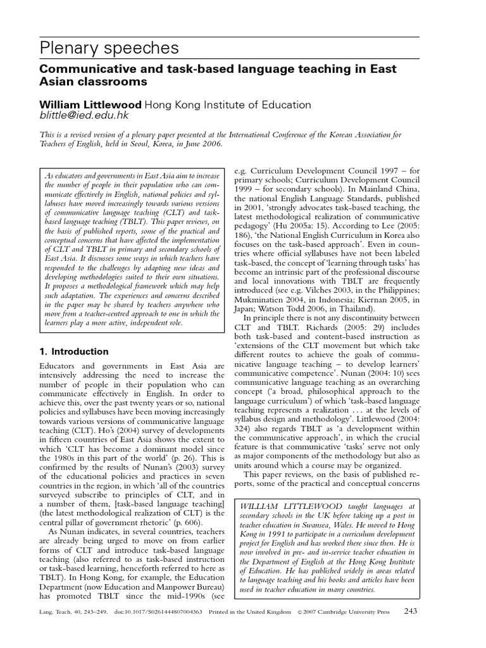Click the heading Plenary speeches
[109, 48]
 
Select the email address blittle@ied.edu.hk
[84, 116]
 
